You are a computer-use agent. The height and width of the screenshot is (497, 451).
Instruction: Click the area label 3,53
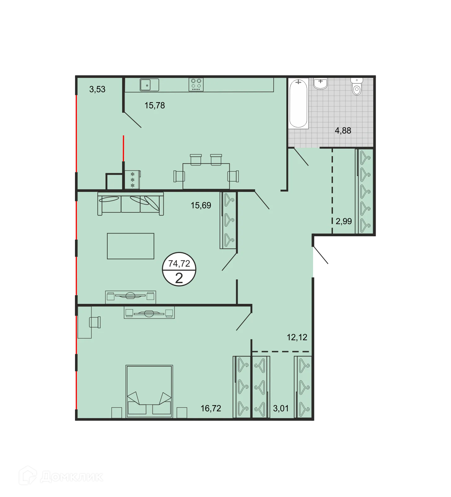coord(97,89)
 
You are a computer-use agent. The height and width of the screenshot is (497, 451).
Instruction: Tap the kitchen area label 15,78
coord(155,106)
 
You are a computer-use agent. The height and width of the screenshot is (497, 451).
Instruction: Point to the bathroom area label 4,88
coord(343,131)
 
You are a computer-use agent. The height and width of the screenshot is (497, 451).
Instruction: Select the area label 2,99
coord(344,221)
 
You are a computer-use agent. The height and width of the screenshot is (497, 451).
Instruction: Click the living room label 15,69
coord(201,205)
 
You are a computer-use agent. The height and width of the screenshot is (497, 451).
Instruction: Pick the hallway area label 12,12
coord(297,337)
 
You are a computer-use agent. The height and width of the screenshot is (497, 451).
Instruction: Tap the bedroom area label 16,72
coord(211,408)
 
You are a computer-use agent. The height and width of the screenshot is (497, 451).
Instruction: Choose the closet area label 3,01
coord(281,408)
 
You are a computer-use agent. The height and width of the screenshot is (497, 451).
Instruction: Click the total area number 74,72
coord(179,264)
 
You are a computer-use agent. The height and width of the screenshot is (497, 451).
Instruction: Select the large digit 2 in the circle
coord(179,278)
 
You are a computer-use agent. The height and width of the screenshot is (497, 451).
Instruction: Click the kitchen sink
coord(149,84)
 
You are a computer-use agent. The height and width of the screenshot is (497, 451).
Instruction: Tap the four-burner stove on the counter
coord(196,84)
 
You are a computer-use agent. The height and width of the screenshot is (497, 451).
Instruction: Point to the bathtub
coord(298,103)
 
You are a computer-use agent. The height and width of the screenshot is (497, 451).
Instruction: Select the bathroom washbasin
coord(321,83)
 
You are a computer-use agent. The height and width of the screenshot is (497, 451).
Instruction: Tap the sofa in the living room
coord(130,203)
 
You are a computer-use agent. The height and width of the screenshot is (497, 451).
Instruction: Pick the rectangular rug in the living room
coord(130,246)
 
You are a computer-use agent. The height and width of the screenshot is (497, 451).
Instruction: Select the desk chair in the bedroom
coord(95,322)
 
